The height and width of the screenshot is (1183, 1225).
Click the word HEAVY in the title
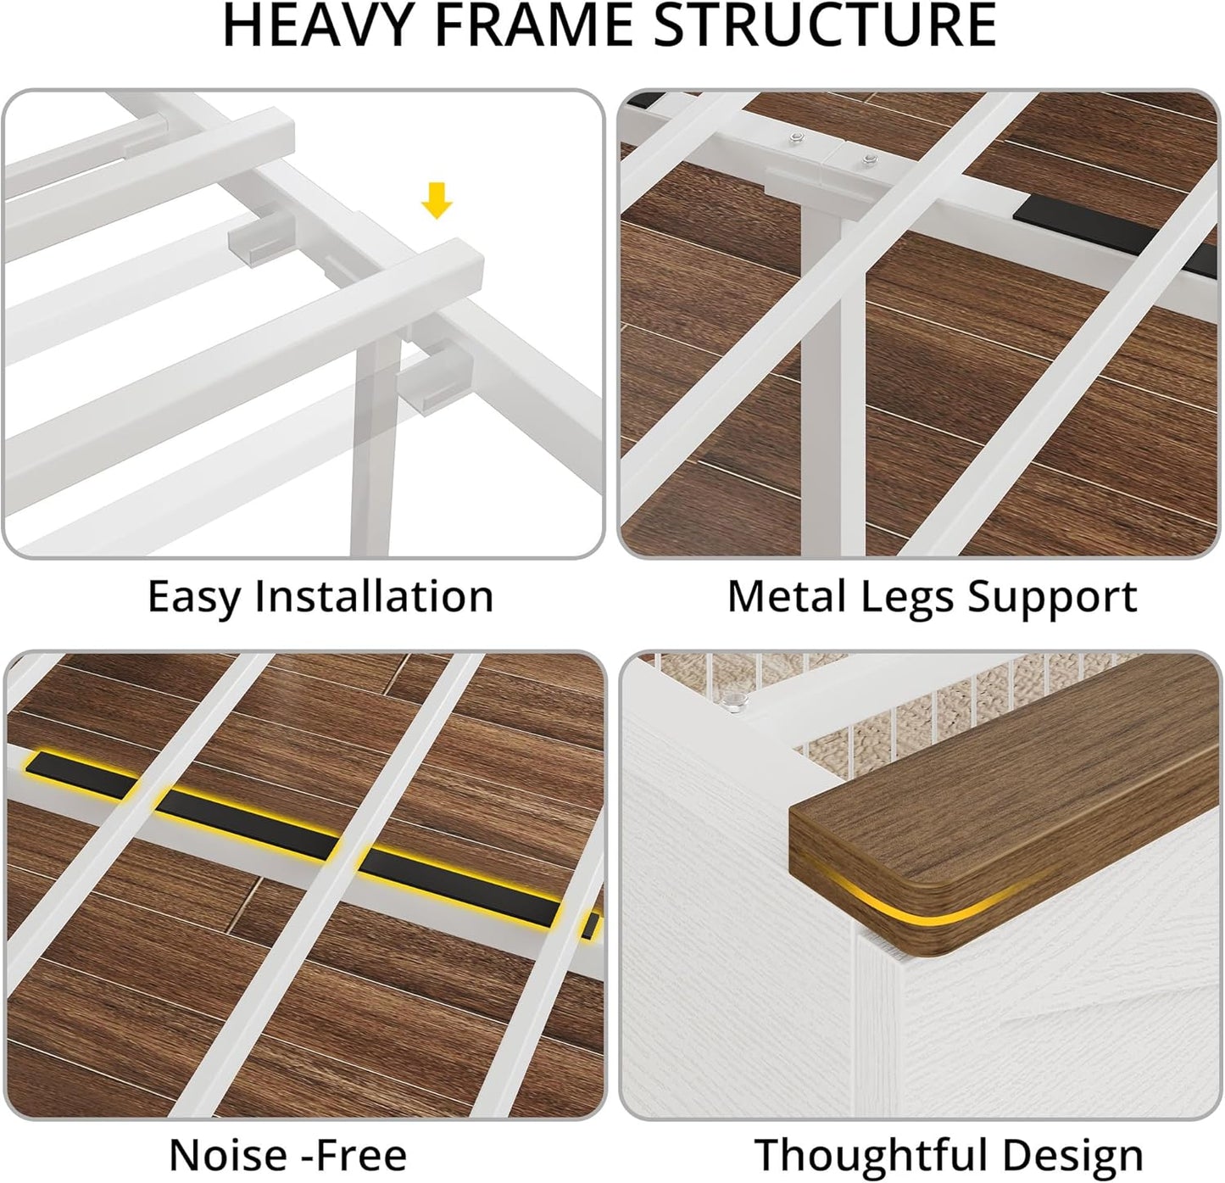point(322,25)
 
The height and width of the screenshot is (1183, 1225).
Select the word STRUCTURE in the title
point(825,25)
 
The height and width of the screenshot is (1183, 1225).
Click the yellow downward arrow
point(437,200)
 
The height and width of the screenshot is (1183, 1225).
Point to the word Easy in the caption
point(193,597)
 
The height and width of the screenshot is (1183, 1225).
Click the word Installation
point(374,595)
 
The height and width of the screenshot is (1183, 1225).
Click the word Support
point(1053,598)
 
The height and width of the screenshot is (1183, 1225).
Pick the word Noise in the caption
point(229,1155)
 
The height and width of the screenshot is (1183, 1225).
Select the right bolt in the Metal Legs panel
point(870,159)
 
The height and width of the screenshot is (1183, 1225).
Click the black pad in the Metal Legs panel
point(1114,235)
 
